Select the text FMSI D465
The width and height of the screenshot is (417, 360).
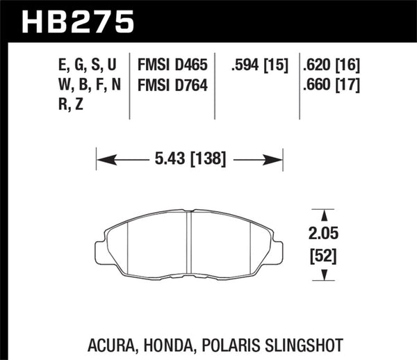(171, 65)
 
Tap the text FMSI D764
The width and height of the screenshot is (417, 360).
(171, 85)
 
